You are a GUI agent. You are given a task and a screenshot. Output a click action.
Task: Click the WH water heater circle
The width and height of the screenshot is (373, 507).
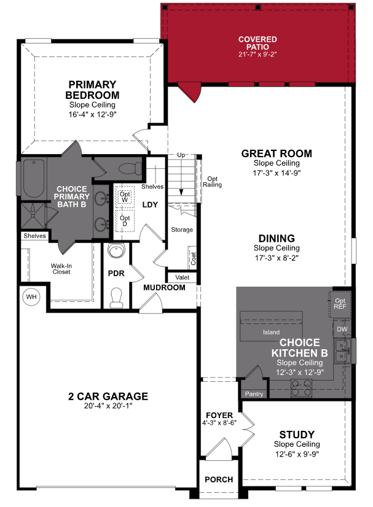[31, 297]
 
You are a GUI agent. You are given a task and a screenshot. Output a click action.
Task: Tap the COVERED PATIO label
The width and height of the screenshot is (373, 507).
[257, 44]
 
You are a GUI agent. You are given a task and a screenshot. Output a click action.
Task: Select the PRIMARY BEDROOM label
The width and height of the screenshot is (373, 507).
[93, 90]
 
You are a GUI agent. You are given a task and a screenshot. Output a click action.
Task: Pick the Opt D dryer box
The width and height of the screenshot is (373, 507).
[125, 220]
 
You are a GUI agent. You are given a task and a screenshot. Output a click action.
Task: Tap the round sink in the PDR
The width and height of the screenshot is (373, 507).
[116, 251]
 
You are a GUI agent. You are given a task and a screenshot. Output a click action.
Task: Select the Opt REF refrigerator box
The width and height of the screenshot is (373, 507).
[340, 304]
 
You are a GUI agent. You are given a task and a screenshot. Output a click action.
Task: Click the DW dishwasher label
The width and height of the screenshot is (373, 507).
[342, 330]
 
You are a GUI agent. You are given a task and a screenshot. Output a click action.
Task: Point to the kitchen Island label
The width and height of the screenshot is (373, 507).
[271, 332]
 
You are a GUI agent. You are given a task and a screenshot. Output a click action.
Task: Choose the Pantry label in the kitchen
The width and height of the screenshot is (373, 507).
[254, 393]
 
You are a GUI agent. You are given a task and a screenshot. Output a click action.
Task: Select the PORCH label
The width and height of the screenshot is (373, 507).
[219, 479]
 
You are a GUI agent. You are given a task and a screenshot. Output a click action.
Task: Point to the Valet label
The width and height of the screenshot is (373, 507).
[182, 277]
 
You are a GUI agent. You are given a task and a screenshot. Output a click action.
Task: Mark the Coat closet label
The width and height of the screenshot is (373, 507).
[194, 259]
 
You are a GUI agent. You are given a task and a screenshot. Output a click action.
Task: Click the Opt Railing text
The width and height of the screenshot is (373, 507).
[213, 181]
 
